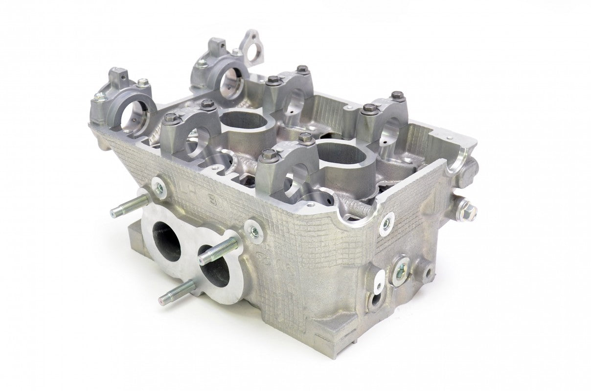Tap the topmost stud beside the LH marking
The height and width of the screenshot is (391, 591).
[x=128, y=206]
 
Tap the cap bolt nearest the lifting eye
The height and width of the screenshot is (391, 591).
[x=236, y=52]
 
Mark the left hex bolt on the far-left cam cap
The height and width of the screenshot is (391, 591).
[x=99, y=98]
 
